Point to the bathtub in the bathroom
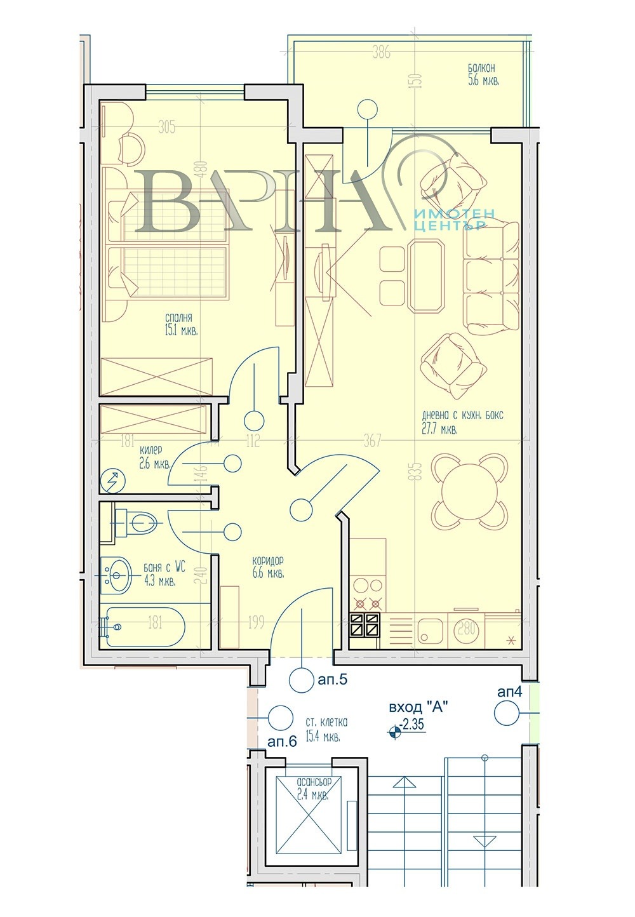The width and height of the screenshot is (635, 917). (145, 627)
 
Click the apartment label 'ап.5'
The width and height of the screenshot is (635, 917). (331, 681)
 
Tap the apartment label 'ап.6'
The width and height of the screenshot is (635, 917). (283, 742)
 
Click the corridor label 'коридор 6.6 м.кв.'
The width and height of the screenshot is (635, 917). (267, 567)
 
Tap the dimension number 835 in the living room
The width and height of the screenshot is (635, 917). (417, 470)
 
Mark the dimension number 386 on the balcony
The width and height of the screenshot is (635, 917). (381, 53)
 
